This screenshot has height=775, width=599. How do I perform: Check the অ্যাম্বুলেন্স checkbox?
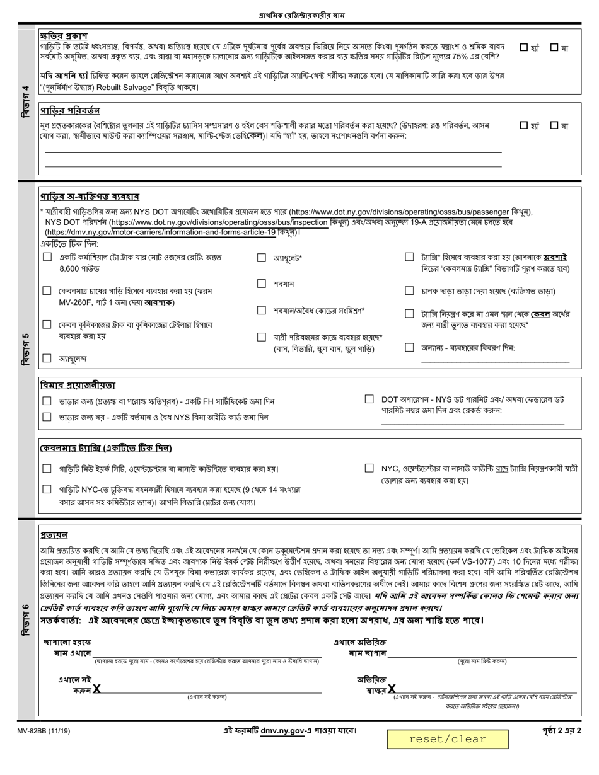(x=47, y=359)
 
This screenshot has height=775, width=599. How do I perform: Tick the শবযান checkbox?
(x=262, y=284)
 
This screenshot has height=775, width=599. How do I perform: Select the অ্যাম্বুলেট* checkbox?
(x=262, y=258)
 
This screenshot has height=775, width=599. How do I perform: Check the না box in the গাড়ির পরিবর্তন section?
(x=554, y=125)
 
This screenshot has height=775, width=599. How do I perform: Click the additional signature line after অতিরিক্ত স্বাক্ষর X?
(x=486, y=691)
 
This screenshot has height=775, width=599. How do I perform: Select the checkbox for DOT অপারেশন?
(x=369, y=399)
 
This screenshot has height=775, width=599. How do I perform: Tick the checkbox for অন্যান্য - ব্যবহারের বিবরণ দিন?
(x=409, y=348)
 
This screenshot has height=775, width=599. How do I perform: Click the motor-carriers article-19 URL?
(x=157, y=231)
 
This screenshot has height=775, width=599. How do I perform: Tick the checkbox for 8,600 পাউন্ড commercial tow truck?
(x=47, y=258)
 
